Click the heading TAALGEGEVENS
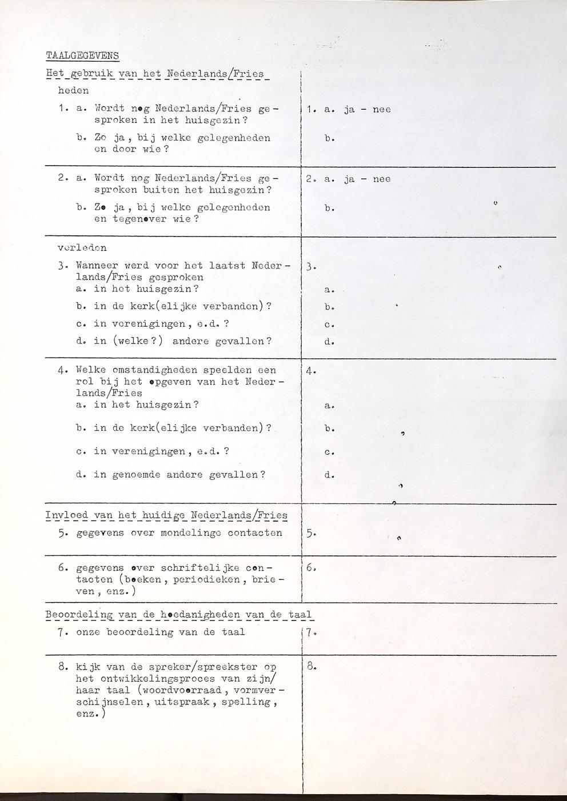tap(82, 55)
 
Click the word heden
tap(73, 90)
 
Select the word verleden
tap(82, 248)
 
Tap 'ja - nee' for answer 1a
tap(367, 109)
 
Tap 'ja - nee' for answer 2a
tap(367, 179)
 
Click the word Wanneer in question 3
tap(97, 266)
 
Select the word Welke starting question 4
tap(91, 370)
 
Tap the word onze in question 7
tap(88, 632)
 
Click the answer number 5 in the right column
tap(310, 534)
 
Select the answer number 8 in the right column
tap(310, 666)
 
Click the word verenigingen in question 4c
tap(139, 451)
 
